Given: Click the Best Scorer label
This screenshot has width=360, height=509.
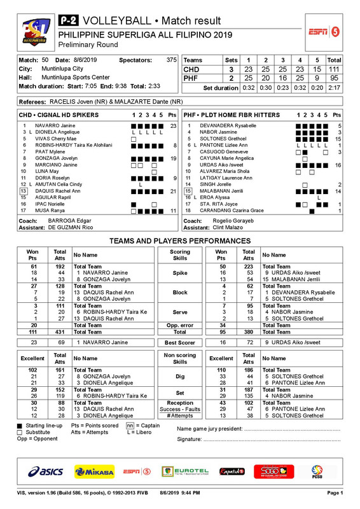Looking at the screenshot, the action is coord(180,342).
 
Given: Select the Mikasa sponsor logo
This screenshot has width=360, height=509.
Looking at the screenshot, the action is coord(94,471).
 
